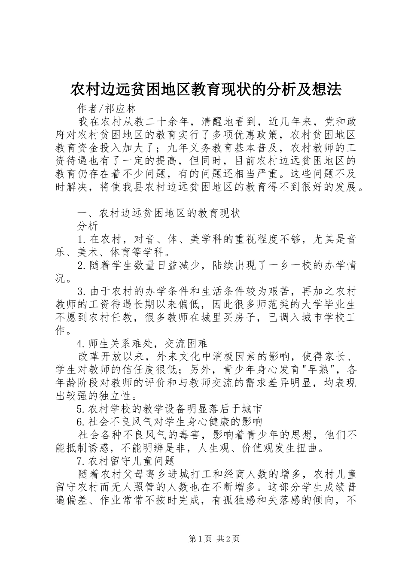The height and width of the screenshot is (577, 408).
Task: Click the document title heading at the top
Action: pos(206,89)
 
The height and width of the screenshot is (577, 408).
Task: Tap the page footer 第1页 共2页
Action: pos(214,539)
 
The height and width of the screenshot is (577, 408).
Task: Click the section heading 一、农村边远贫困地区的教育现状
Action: pos(158,213)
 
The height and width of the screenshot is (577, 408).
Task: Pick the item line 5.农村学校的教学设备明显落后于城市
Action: pos(169,409)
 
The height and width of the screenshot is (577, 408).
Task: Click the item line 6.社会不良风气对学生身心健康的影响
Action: pos(169,422)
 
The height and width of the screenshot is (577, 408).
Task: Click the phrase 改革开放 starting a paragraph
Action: pos(100,357)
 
